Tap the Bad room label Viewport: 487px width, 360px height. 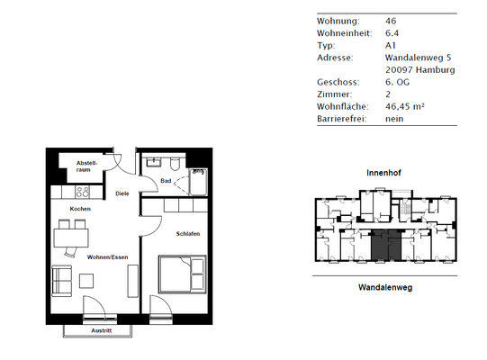click(166, 181)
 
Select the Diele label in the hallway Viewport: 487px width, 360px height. click(122, 193)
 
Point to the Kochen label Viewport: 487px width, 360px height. click(80, 209)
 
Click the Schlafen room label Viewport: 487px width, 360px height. click(187, 233)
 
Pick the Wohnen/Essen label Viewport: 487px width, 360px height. click(105, 257)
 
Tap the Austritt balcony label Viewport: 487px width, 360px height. click(102, 330)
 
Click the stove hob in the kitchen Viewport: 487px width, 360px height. click(80, 191)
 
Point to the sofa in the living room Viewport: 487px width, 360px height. click(63, 281)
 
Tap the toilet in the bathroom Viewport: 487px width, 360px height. click(172, 164)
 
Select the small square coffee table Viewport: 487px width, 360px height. click(86, 280)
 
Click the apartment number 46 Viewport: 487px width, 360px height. click(391, 20)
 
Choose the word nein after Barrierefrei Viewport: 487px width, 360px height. click(394, 118)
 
